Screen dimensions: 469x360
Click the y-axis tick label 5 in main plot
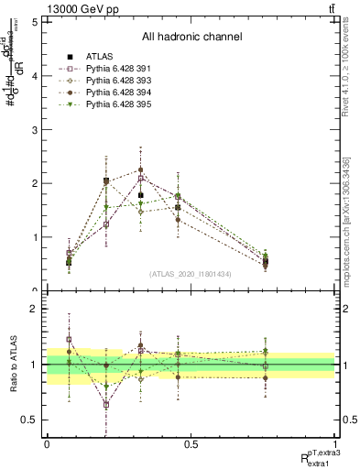[x=35, y=23]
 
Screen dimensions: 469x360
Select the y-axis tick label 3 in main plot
[x=35, y=130]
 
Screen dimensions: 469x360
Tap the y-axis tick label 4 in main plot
[x=35, y=77]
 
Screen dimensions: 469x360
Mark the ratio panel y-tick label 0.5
[x=31, y=420]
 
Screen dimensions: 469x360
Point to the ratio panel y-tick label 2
[x=35, y=310]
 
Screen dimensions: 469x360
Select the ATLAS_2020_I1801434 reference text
[x=191, y=274]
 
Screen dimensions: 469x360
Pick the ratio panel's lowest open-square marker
[x=106, y=404]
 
